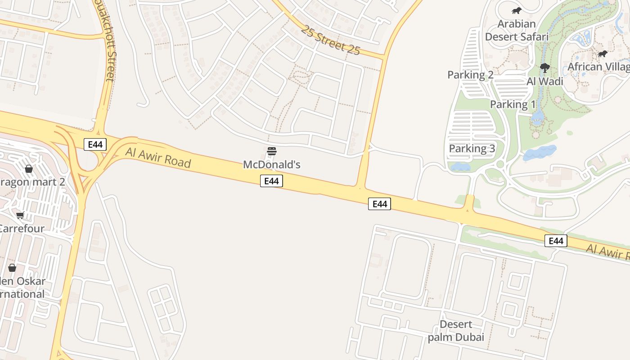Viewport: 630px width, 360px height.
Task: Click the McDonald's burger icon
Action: point(271,151)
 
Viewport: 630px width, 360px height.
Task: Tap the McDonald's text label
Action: point(271,165)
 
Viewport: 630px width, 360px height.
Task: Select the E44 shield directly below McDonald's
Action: point(271,181)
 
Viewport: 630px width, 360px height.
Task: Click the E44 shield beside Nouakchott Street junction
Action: point(95,144)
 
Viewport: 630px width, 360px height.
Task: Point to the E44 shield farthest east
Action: point(556,241)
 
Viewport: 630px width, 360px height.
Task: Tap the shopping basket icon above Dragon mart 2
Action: point(29,169)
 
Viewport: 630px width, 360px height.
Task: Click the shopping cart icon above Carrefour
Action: point(20,215)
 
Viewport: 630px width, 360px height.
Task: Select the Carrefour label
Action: point(22,228)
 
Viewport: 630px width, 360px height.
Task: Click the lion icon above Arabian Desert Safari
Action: point(516,11)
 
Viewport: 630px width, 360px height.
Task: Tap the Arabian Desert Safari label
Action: point(517,30)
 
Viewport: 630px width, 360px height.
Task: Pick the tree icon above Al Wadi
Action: point(544,68)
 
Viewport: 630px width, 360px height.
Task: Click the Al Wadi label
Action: point(544,81)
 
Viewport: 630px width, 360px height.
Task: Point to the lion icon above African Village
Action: point(602,54)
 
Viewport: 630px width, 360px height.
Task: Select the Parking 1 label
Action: point(513,104)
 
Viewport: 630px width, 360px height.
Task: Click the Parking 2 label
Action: point(470,75)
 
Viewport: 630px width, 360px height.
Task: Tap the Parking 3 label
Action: point(472,148)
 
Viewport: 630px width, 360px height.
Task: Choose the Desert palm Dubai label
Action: point(456,331)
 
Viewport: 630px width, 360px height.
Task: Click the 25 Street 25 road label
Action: point(331,40)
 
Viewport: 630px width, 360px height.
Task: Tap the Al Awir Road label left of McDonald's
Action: point(158,157)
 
